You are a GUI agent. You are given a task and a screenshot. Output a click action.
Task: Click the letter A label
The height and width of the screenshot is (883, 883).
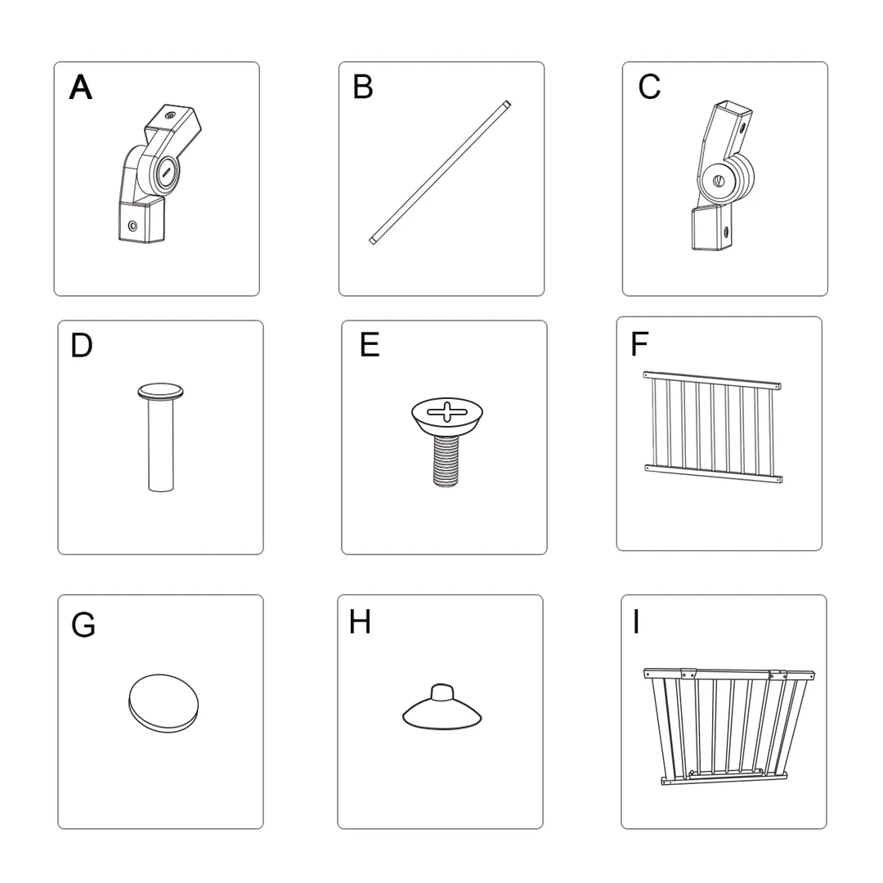click(80, 87)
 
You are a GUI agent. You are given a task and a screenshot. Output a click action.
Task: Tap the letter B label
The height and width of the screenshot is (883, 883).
click(363, 87)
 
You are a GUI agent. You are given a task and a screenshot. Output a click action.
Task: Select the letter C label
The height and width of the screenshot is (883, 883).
click(649, 87)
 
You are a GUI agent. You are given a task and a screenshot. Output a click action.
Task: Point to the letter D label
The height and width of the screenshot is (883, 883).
click(82, 346)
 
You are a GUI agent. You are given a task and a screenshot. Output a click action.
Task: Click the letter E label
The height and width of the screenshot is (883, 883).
click(370, 345)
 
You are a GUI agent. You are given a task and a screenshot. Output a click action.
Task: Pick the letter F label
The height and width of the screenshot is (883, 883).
click(639, 344)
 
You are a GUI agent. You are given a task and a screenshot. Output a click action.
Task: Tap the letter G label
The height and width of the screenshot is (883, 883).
click(83, 625)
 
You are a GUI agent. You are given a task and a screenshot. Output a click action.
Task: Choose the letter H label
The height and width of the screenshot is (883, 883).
click(360, 622)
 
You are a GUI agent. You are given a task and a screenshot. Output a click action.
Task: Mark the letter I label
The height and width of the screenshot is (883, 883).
click(636, 622)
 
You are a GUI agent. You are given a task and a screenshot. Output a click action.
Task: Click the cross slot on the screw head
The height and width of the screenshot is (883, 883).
click(447, 411)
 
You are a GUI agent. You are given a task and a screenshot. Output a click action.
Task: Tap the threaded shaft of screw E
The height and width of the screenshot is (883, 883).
click(446, 460)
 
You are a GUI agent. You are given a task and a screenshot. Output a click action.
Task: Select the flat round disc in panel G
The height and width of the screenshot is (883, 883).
click(164, 703)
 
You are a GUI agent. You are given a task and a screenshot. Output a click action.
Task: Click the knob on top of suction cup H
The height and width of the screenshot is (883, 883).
click(442, 693)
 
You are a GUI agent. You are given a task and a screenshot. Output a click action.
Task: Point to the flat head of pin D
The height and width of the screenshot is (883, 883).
click(160, 392)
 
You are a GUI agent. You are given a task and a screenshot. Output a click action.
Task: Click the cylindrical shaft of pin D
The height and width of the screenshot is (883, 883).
click(161, 445)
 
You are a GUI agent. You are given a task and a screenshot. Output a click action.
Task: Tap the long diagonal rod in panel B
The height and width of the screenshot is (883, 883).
click(440, 173)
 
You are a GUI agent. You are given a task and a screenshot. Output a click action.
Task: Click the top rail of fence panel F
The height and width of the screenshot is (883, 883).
click(712, 380)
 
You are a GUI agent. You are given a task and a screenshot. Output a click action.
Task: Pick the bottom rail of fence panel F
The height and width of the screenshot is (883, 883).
click(714, 473)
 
